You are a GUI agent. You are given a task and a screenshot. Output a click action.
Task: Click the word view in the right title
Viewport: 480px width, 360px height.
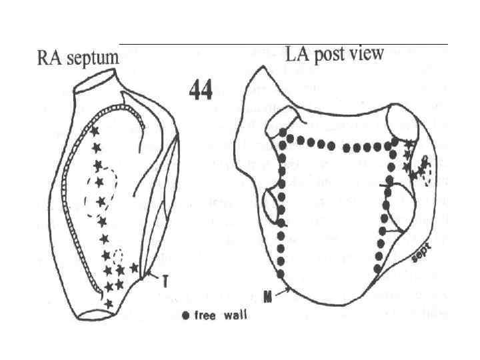click(369, 53)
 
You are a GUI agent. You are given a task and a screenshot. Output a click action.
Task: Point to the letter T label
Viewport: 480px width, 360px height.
click(164, 281)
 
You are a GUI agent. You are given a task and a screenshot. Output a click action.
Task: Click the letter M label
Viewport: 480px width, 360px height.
click(267, 297)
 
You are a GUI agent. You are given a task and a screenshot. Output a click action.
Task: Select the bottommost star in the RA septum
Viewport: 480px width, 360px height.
click(109, 303)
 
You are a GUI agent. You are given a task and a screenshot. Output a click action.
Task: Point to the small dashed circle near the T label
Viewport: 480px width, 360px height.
click(119, 255)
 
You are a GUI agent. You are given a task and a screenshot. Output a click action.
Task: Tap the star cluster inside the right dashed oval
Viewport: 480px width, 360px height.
click(421, 169)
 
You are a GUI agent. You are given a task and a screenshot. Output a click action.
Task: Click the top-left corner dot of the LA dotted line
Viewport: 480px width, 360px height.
click(282, 133)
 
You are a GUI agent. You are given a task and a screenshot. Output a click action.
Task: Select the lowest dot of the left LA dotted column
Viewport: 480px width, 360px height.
click(281, 274)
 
